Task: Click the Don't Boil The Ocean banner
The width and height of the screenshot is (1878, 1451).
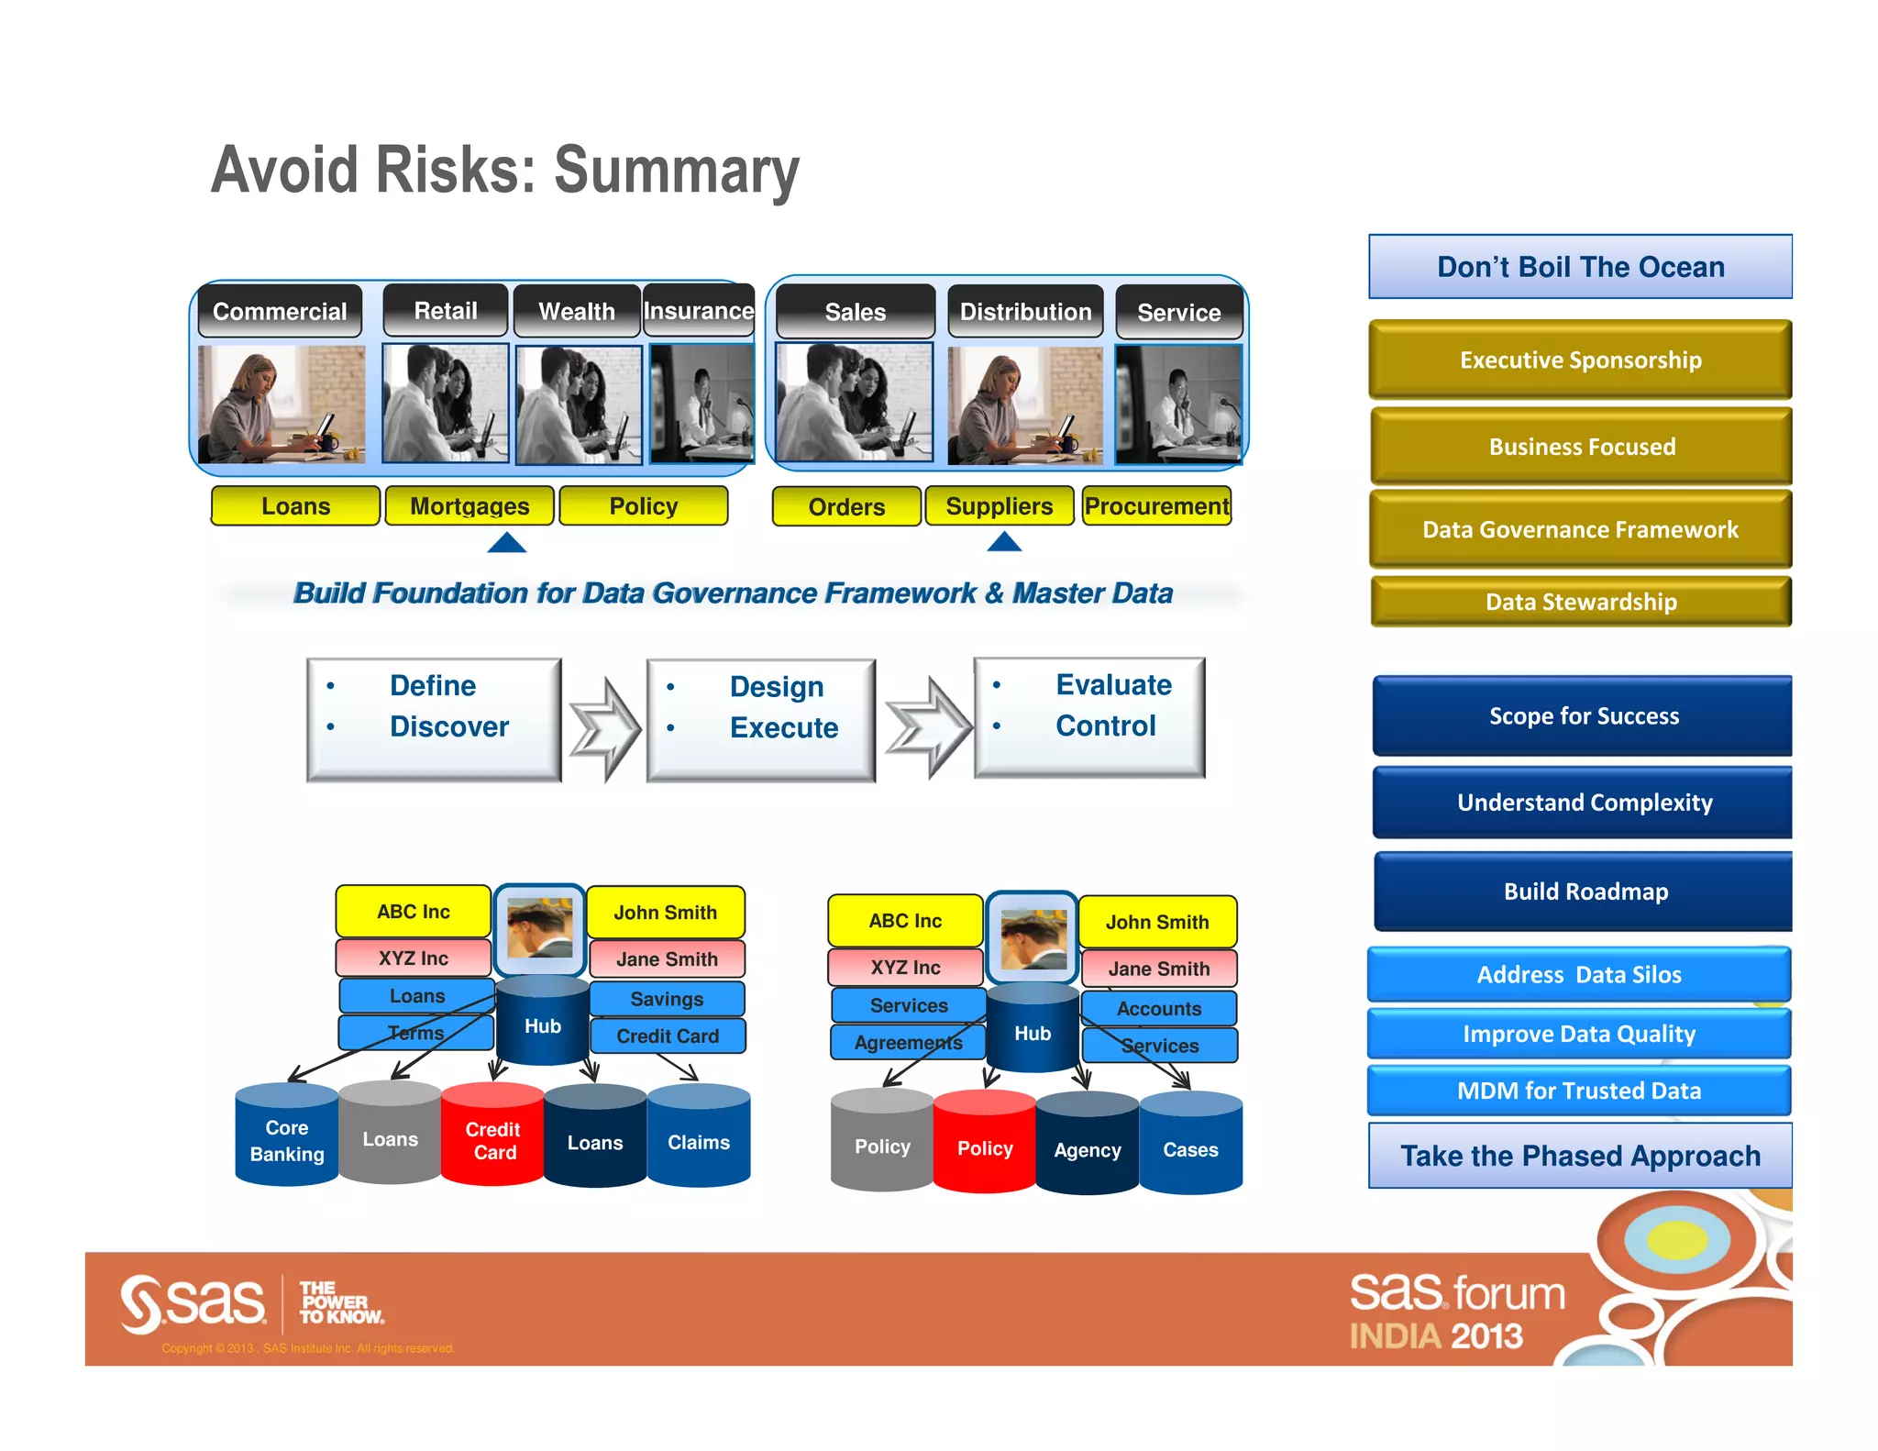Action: click(x=1579, y=267)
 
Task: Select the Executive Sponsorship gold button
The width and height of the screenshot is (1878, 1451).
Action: click(x=1579, y=360)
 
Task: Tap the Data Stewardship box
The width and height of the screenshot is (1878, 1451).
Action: click(x=1580, y=602)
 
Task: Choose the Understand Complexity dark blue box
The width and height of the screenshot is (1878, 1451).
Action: click(x=1584, y=803)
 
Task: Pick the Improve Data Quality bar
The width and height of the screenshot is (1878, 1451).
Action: click(x=1578, y=1034)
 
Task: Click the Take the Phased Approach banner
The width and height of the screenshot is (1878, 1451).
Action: click(x=1579, y=1156)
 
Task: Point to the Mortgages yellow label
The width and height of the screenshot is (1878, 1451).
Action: click(x=469, y=506)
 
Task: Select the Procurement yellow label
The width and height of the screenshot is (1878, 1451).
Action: click(x=1155, y=506)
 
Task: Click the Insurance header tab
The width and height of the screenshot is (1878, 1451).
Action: click(x=698, y=311)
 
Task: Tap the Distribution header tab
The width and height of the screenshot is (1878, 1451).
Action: click(x=1024, y=312)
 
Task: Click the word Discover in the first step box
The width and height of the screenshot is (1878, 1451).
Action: click(x=448, y=726)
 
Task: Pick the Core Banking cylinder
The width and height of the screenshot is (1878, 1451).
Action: click(x=287, y=1139)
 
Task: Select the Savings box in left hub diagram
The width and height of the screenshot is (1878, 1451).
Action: click(x=667, y=999)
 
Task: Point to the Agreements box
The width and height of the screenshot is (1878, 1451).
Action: click(x=908, y=1043)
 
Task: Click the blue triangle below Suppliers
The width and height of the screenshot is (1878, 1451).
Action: click(x=1004, y=543)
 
